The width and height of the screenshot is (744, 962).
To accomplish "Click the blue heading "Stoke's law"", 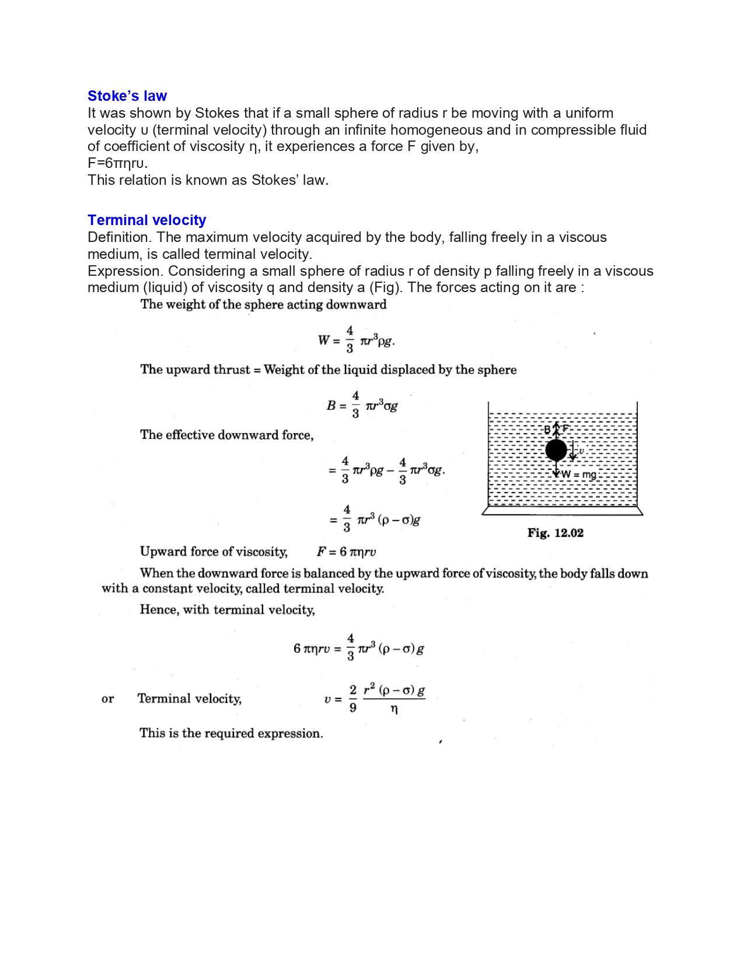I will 127,96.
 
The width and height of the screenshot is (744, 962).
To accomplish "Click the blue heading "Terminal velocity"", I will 146,220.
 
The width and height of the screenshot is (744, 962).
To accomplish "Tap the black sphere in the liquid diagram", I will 556,450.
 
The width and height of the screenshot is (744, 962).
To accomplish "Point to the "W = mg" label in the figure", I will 579,475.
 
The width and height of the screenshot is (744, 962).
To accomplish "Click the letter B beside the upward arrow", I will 547,430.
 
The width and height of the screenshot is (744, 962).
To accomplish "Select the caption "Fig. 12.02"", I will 555,533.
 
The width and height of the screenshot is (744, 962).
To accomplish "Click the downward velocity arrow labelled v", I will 573,450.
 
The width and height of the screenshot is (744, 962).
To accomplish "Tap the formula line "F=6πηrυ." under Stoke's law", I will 117,163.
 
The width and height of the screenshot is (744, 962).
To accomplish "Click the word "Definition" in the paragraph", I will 120,237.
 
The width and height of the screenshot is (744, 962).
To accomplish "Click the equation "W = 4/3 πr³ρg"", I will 356,340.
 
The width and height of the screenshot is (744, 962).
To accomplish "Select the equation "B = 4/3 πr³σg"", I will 362,405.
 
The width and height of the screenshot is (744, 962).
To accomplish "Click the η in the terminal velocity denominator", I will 394,709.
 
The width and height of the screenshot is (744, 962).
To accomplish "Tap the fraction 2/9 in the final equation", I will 352,698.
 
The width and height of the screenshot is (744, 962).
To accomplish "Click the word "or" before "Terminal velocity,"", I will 107,699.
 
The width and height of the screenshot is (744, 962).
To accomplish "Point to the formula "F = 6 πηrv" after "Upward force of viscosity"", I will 346,552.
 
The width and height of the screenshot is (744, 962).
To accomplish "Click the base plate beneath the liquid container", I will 562,511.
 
